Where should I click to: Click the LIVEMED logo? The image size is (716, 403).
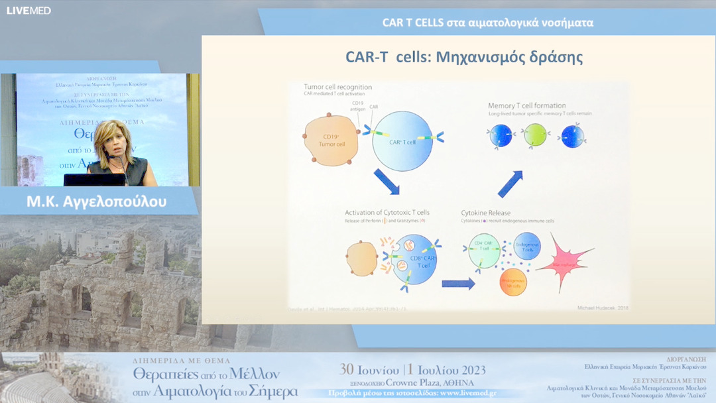point(29,11)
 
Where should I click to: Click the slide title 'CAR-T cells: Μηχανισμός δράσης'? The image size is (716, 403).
point(463,57)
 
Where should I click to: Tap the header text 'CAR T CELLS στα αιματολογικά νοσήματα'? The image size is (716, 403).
point(487,23)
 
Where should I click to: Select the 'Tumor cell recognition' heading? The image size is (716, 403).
point(337,87)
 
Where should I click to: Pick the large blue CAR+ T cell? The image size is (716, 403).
point(402,141)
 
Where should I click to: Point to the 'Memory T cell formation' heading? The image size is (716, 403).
point(526,105)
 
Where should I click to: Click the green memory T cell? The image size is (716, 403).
point(535,135)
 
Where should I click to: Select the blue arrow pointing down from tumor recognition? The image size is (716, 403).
point(386,182)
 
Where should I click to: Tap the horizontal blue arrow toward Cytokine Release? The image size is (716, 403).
point(458,284)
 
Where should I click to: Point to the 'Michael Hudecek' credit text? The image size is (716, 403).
point(593,308)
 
